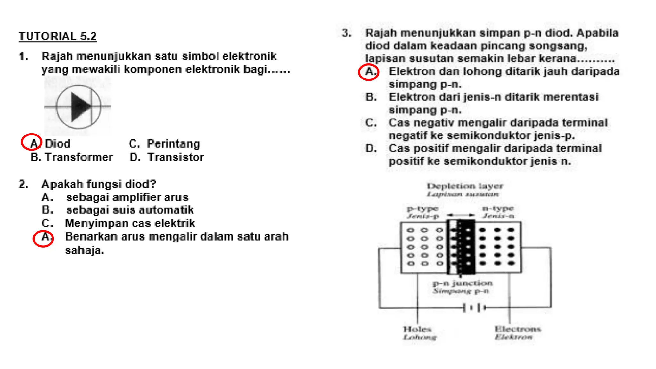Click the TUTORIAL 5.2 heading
57,37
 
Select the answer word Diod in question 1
58,144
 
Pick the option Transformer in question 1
79,157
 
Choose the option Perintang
173,144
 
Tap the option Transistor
176,157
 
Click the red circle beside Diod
31,142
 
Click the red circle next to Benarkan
43,239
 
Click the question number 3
346,33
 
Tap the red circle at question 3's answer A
369,72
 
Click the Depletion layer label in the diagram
465,186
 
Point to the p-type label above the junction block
422,209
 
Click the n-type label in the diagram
498,209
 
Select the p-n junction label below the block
463,283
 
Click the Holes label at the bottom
417,329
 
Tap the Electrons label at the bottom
518,329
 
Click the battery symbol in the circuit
474,308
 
